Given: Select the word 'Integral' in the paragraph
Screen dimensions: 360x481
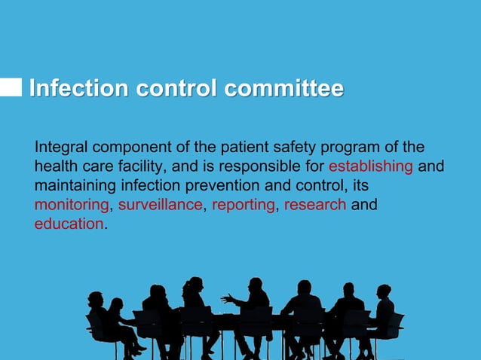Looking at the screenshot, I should click(x=60, y=147).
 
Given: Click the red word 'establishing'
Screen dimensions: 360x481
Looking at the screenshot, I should click(x=371, y=166).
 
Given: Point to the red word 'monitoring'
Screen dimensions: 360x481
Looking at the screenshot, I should click(x=72, y=205).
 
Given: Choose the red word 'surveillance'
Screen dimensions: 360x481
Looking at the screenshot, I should click(x=161, y=205).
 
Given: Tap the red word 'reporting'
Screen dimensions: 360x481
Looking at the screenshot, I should click(x=244, y=205).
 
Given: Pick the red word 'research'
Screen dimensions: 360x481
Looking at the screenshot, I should click(x=315, y=205).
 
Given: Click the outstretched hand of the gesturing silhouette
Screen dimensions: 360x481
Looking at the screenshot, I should click(x=225, y=299).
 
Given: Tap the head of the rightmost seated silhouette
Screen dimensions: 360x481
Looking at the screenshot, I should click(x=384, y=291).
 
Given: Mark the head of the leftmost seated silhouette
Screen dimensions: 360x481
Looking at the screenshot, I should click(x=95, y=298).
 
